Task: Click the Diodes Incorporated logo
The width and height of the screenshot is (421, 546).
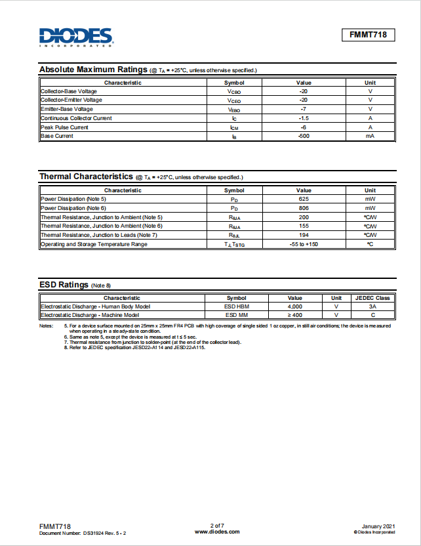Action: tap(75, 37)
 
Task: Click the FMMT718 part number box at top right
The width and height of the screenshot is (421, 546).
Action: tap(368, 35)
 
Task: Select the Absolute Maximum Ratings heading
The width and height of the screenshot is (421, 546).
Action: tap(93, 70)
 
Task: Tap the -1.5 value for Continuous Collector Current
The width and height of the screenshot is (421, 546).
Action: tap(304, 118)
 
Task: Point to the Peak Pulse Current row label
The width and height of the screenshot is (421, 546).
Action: tap(64, 127)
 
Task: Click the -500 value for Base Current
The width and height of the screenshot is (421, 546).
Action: tap(304, 136)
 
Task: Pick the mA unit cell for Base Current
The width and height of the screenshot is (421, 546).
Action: tap(370, 136)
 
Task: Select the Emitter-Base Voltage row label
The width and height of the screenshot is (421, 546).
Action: tap(67, 109)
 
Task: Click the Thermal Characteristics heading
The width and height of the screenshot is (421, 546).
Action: tap(86, 177)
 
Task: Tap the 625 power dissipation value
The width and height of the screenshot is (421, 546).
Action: tap(304, 198)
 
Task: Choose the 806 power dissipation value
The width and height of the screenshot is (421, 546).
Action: tap(304, 207)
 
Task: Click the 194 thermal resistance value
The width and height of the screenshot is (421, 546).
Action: tap(304, 235)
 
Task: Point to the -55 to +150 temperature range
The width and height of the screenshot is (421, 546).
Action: tap(304, 244)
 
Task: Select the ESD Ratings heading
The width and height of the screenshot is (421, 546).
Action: tap(64, 285)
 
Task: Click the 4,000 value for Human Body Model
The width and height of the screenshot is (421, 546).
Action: tap(295, 306)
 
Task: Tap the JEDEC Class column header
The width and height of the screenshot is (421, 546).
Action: tap(372, 298)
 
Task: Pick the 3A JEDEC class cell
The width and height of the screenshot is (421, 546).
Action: tap(372, 306)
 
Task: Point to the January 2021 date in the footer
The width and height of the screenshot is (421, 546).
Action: tap(378, 526)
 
